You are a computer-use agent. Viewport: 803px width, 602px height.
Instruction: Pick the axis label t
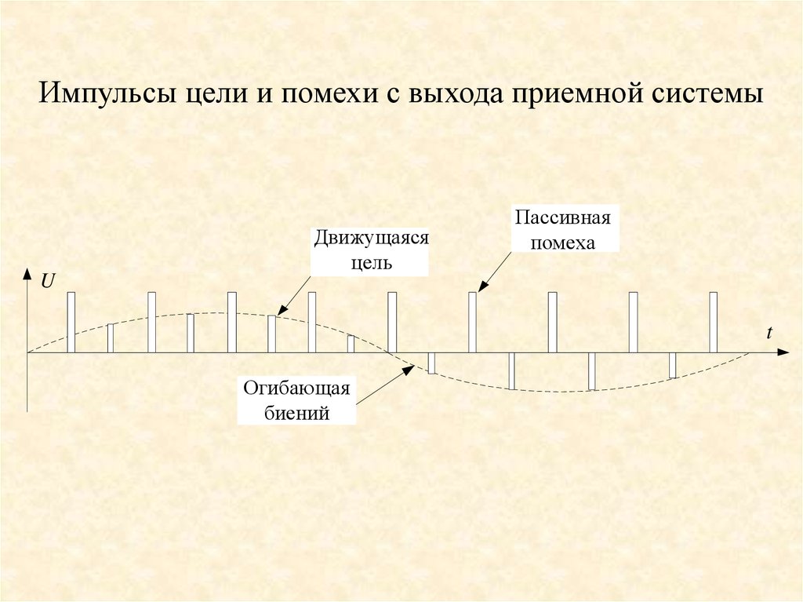(x=770, y=333)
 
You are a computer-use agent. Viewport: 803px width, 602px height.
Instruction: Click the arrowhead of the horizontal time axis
(x=783, y=353)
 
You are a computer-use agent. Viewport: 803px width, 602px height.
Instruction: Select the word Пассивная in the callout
(x=562, y=217)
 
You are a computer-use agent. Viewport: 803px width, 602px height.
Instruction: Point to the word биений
(x=297, y=411)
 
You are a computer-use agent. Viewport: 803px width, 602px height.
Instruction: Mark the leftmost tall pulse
(x=71, y=323)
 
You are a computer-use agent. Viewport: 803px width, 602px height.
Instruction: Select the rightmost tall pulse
(x=713, y=323)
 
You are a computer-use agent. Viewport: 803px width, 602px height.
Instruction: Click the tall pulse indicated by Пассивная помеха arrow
(x=472, y=323)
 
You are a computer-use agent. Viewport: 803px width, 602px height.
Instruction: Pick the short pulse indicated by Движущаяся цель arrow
(x=271, y=334)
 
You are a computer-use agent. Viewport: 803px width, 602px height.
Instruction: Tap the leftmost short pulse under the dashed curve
(x=111, y=338)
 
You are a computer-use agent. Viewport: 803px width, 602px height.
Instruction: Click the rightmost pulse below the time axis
(x=673, y=366)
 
